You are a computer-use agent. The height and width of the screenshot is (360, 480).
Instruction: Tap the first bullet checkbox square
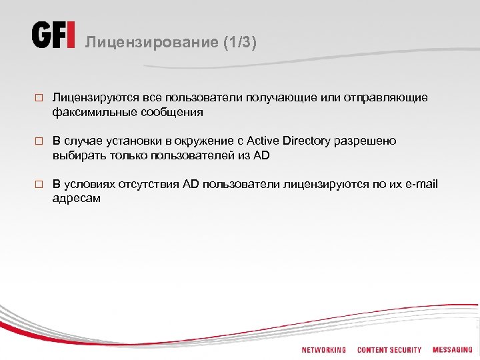tap(39, 98)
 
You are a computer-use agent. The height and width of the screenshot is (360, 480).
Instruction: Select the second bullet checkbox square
tap(39, 141)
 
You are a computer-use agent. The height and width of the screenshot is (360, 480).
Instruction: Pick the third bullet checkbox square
tap(39, 185)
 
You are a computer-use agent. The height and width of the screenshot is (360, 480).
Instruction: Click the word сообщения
tap(171, 112)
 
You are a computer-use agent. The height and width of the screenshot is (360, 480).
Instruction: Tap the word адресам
tap(77, 198)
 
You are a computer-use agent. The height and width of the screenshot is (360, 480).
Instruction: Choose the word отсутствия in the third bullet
tap(151, 184)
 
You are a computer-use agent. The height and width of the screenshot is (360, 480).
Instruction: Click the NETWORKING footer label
tap(323, 350)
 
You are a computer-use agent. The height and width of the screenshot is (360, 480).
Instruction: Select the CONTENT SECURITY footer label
tap(389, 350)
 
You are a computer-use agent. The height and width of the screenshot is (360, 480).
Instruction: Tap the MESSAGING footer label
tap(452, 350)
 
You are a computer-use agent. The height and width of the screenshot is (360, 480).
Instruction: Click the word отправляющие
tap(387, 98)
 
